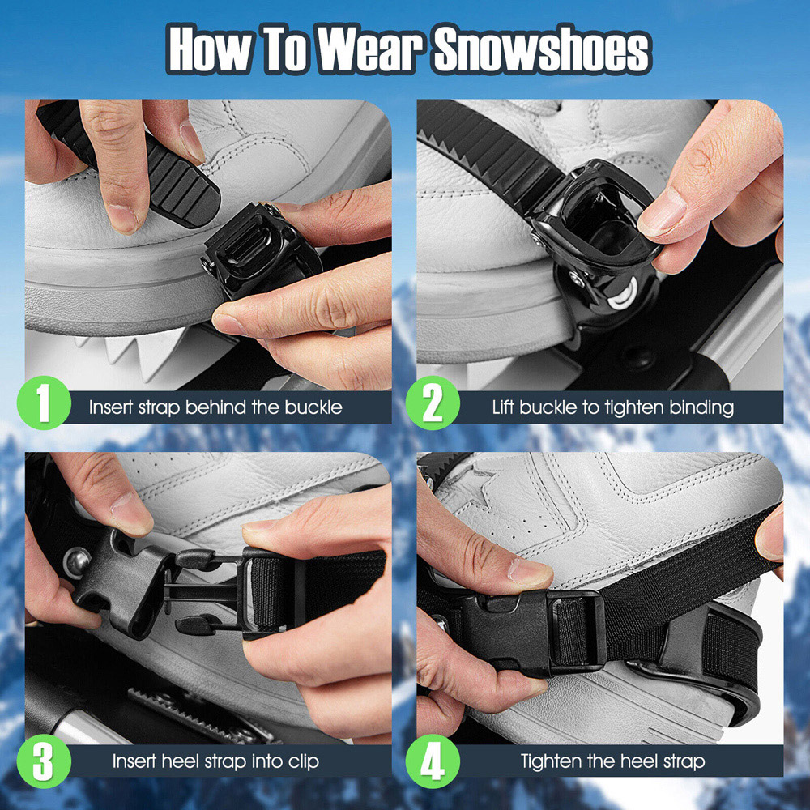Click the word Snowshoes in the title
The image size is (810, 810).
point(542,52)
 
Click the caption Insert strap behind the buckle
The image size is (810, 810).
point(215,407)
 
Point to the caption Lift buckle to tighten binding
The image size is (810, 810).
point(612,407)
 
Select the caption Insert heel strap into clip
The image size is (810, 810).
point(215,761)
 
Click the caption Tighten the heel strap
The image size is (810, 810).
point(612,761)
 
